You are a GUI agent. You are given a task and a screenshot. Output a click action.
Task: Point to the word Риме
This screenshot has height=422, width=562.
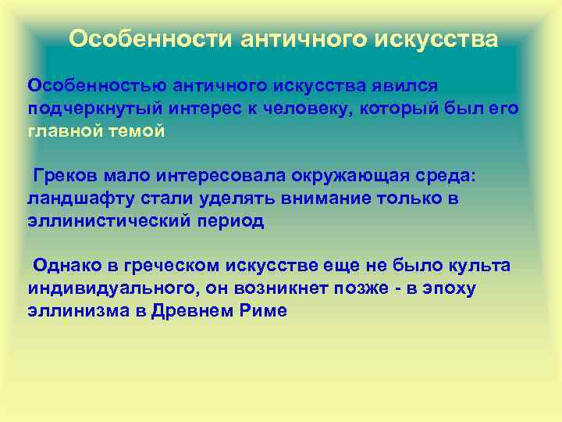point(265,311)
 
